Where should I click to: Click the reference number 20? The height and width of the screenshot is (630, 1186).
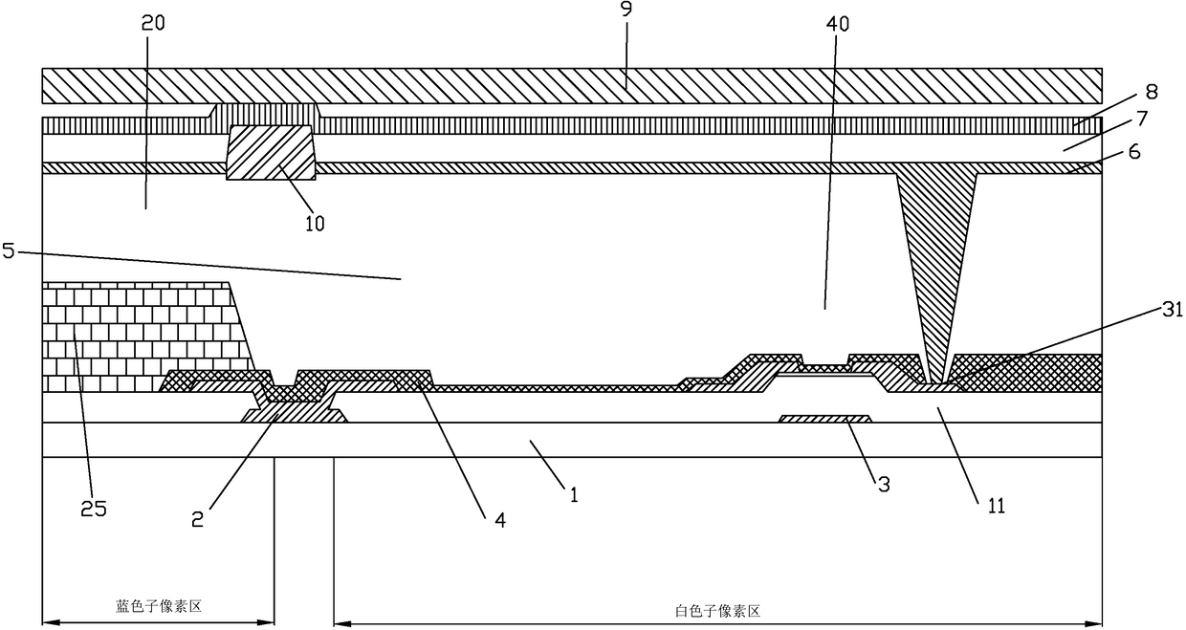pos(153,23)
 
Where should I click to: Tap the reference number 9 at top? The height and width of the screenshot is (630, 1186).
pos(626,9)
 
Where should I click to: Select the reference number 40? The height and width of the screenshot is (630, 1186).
pos(837,24)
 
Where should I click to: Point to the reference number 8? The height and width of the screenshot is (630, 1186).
pos(1152,92)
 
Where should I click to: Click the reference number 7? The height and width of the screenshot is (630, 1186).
pos(1142,119)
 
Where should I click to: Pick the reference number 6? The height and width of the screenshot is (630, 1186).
pos(1134,152)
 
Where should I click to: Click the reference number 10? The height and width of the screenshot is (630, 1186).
pos(315,224)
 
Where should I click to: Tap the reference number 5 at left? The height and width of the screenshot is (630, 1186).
pos(9,250)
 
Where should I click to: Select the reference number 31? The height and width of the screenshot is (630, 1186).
pos(1172,309)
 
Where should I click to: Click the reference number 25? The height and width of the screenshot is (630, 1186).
pos(94,509)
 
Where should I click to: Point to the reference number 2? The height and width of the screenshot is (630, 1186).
pos(197,519)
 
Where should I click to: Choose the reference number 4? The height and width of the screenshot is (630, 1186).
pos(500,520)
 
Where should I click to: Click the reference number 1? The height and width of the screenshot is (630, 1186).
pos(574,495)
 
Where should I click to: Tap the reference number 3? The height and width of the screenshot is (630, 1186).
pos(884,485)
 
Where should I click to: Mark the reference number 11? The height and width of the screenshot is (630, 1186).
pos(997,506)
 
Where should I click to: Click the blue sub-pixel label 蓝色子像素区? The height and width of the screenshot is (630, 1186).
pos(159,606)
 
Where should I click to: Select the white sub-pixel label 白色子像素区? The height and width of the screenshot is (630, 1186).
pos(718,612)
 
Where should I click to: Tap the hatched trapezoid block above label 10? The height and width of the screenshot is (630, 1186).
pos(271,152)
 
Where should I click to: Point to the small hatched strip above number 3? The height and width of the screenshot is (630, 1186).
pos(824,419)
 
